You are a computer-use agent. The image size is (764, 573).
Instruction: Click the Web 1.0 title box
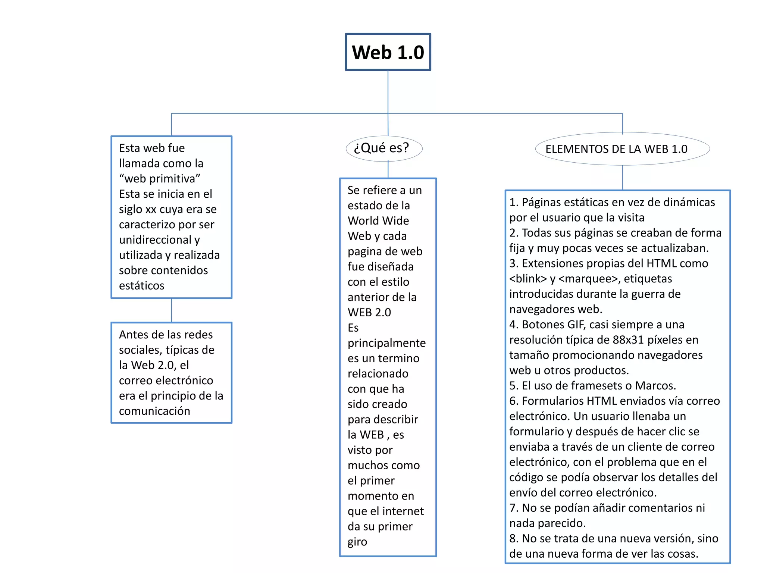[x=388, y=52]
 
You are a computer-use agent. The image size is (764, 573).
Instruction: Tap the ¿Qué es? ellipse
[x=384, y=148]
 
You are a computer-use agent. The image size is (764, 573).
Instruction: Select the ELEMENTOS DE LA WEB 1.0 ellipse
[x=622, y=149]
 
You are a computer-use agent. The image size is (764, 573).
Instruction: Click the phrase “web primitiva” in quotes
[x=160, y=179]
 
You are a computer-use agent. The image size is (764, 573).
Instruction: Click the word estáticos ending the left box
[x=141, y=285]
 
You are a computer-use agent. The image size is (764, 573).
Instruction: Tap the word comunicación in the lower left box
[x=154, y=411]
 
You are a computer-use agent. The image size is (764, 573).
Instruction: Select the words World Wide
[x=378, y=220]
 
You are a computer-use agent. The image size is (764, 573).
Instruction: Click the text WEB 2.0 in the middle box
[x=369, y=312]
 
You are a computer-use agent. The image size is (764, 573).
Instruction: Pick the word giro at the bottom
[x=357, y=542]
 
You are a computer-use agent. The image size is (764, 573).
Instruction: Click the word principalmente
[x=386, y=343]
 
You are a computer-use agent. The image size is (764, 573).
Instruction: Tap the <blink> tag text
[x=528, y=279]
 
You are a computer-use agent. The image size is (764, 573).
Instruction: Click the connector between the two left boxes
[x=171, y=310]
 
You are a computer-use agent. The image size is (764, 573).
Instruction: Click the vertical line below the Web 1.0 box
[x=388, y=91]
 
